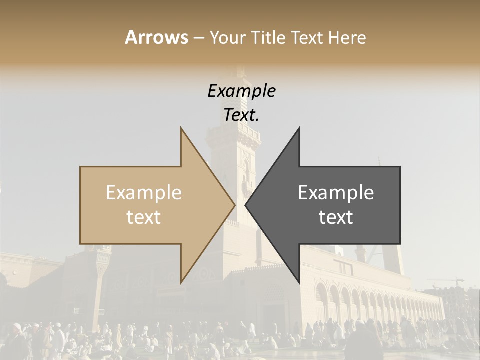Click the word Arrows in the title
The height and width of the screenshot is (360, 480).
coord(156,37)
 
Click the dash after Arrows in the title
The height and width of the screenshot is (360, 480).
coord(198,38)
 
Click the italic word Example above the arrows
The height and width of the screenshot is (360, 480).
coord(241,91)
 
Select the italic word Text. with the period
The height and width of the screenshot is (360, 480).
coord(241,115)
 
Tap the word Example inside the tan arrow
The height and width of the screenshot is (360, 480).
coord(144,193)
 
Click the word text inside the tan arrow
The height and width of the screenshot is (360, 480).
coord(144,217)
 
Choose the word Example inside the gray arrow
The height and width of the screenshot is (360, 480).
coord(336,193)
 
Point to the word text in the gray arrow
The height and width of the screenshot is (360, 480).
coord(336,217)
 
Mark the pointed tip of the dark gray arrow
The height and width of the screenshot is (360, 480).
coord(247,205)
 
